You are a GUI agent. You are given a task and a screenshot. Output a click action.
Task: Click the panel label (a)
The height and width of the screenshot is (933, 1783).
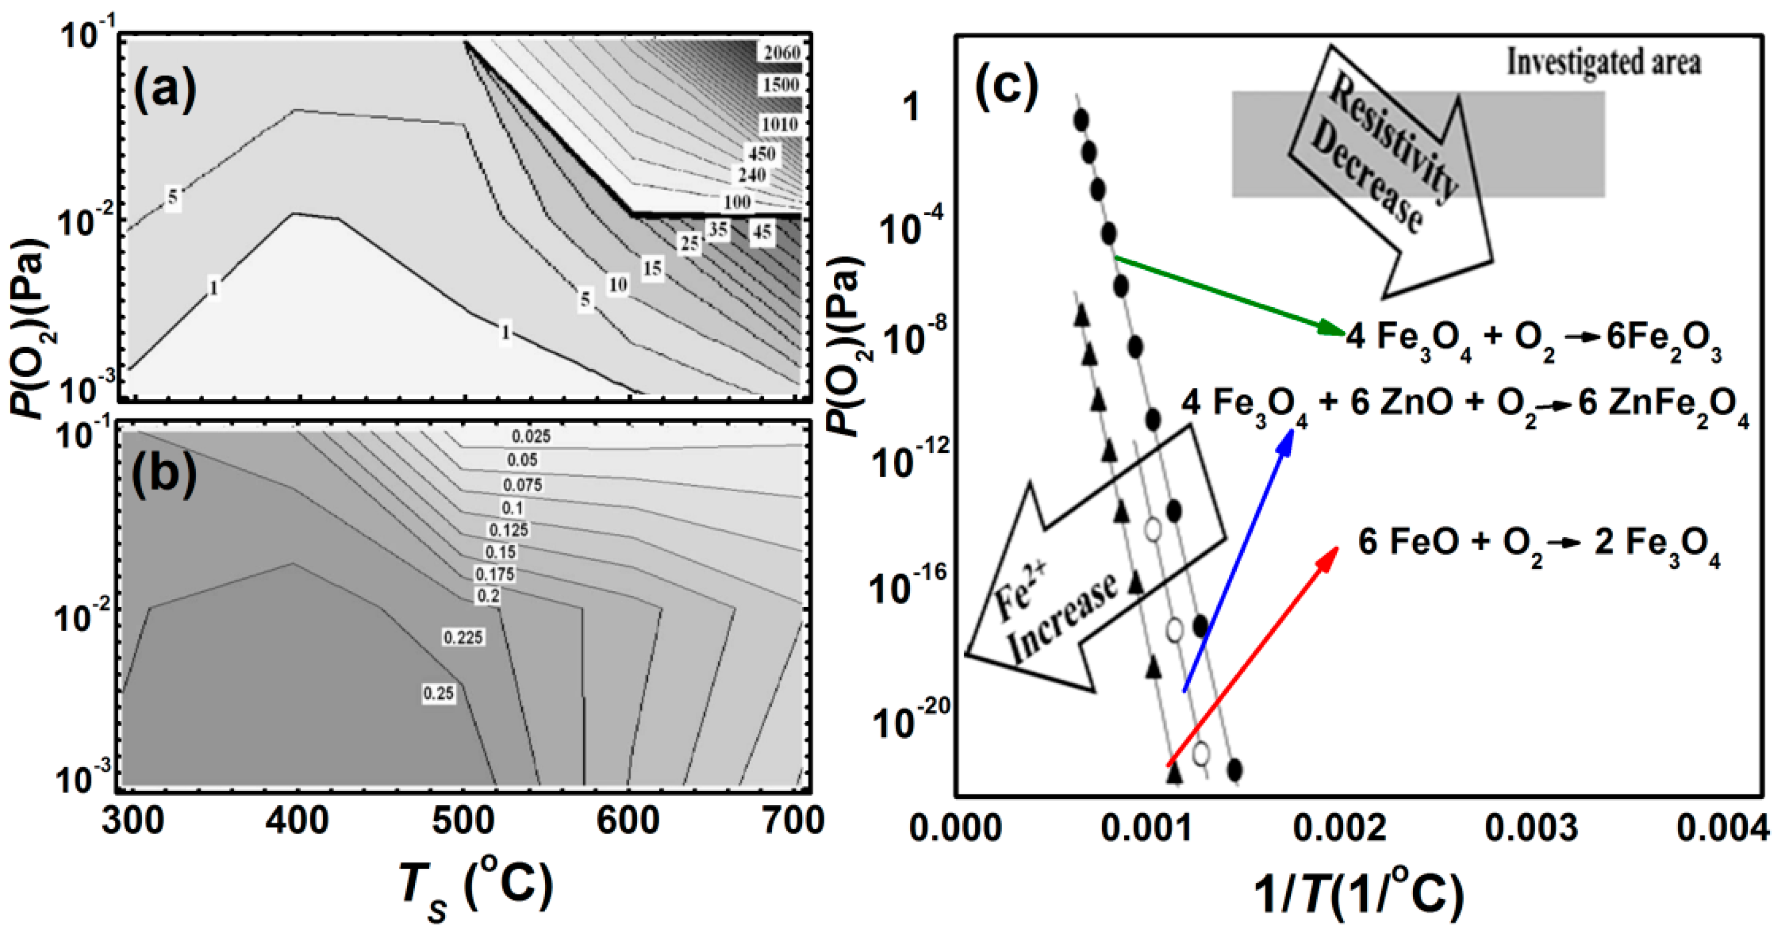click(x=165, y=90)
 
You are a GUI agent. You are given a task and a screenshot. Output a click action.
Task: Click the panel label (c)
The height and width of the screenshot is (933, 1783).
click(x=1007, y=83)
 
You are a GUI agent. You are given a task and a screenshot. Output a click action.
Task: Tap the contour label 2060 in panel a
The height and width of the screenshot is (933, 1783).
click(x=782, y=53)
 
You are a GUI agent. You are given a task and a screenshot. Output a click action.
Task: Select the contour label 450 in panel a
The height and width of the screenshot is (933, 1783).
click(x=762, y=153)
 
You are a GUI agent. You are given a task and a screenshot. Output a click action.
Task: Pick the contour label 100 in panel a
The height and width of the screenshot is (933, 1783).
click(x=737, y=202)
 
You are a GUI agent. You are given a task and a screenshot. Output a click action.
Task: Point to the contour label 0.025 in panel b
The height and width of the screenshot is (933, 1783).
click(x=531, y=437)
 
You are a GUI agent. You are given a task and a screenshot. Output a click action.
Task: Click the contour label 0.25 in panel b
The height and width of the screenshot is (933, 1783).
click(x=439, y=693)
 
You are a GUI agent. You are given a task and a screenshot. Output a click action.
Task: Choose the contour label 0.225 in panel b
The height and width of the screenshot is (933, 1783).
click(x=463, y=637)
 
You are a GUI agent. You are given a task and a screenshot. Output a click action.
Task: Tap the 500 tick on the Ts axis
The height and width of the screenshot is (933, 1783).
click(x=462, y=822)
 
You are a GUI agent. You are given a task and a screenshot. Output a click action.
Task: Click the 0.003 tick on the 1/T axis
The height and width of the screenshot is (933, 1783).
click(x=1531, y=828)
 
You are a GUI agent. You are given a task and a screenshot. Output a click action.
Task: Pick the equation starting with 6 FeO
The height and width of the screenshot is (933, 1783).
click(x=1538, y=543)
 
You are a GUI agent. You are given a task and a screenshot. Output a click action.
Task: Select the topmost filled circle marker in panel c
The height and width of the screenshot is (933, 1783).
click(x=1080, y=120)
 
